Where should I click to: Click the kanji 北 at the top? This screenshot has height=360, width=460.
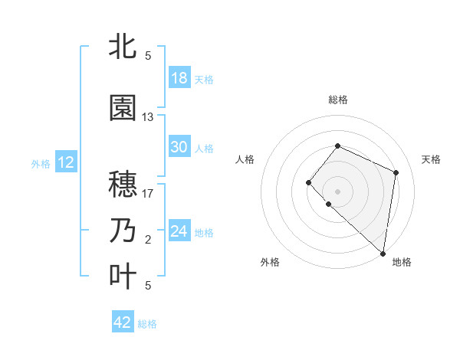[123, 46]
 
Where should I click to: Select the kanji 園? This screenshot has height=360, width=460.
[123, 108]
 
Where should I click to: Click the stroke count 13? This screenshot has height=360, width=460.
[148, 117]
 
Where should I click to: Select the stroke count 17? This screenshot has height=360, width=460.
[148, 194]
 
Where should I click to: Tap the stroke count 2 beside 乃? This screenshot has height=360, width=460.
[148, 240]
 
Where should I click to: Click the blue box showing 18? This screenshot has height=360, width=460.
[179, 78]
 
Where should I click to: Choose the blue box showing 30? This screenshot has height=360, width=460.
[179, 147]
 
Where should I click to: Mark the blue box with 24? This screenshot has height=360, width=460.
[179, 231]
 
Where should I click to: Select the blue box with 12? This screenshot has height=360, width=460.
[65, 162]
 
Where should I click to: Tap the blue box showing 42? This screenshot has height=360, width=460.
[123, 322]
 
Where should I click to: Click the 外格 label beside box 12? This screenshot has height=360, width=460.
[41, 163]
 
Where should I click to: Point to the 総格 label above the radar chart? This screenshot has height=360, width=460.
[338, 100]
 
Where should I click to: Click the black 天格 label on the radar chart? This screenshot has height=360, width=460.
[432, 159]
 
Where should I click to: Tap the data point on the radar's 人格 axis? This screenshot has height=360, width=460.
[308, 182]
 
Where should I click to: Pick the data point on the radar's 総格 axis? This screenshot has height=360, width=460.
[337, 146]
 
